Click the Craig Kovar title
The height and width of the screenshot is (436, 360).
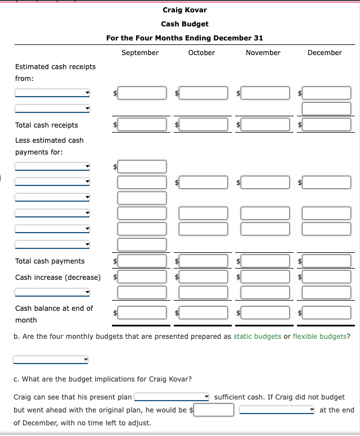pos(184,10)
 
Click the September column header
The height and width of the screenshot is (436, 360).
pos(139,53)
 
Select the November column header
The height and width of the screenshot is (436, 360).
pos(263,53)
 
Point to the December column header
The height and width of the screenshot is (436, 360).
pos(325,53)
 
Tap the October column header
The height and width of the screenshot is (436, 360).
pos(201,53)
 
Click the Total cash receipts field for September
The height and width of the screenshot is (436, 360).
pos(142,125)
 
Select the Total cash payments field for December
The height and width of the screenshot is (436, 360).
pos(327,261)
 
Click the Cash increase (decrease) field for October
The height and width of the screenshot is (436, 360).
pos(204,277)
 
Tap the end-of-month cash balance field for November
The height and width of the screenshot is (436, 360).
pos(265,312)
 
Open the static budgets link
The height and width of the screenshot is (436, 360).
pos(257,337)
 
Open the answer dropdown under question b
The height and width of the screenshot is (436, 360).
pos(51,360)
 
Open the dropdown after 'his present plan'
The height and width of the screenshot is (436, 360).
pos(172,397)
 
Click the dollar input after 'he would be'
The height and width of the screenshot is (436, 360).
pos(214,410)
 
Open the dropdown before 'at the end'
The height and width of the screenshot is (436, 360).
pos(277,410)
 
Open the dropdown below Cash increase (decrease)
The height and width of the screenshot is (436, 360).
pos(52,292)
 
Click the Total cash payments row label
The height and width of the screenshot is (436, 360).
pos(49,261)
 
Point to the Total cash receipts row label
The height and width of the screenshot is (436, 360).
pos(47,125)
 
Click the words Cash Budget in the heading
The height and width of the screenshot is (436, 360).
pos(184,24)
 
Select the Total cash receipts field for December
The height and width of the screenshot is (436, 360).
pos(327,125)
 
